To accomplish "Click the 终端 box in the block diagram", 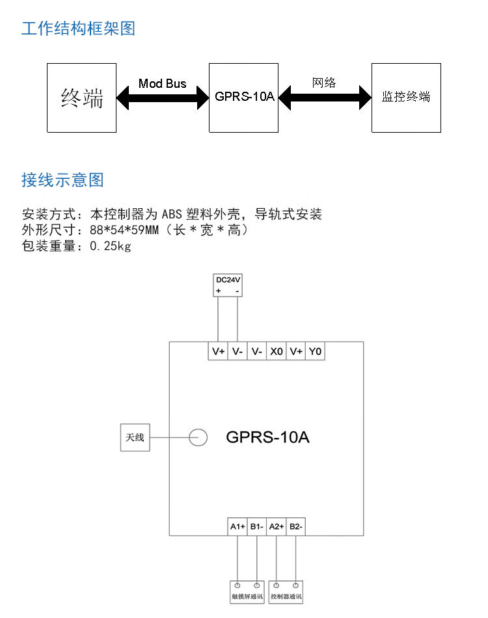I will pyautogui.click(x=81, y=98).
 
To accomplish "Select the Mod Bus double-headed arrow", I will pyautogui.click(x=162, y=98).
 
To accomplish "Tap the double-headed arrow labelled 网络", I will pyautogui.click(x=325, y=98).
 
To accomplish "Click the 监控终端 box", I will pyautogui.click(x=406, y=98).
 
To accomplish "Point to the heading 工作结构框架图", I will pyautogui.click(x=78, y=29).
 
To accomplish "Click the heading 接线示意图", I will pyautogui.click(x=62, y=180).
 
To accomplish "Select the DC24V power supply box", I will pyautogui.click(x=228, y=285).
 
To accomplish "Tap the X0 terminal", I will pyautogui.click(x=277, y=351).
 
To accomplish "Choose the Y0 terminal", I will pyautogui.click(x=316, y=351).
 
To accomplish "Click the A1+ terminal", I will pyautogui.click(x=237, y=526).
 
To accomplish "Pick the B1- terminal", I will pyautogui.click(x=257, y=526).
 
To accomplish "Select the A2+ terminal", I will pyautogui.click(x=277, y=526).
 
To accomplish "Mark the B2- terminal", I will pyautogui.click(x=296, y=526).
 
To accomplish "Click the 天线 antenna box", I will pyautogui.click(x=135, y=437).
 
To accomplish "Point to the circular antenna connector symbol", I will pyautogui.click(x=198, y=437).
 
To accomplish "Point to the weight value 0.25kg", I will pyautogui.click(x=110, y=246).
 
